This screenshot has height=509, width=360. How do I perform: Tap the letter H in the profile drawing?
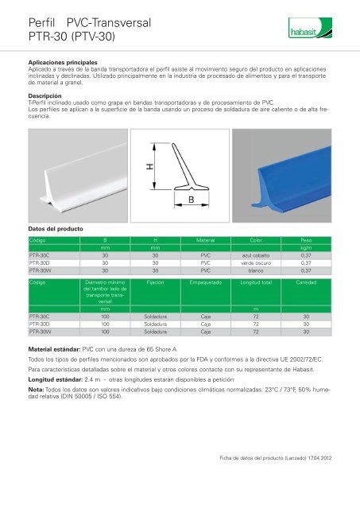(x=149, y=169)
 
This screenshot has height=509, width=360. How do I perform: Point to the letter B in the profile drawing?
(x=192, y=201)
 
